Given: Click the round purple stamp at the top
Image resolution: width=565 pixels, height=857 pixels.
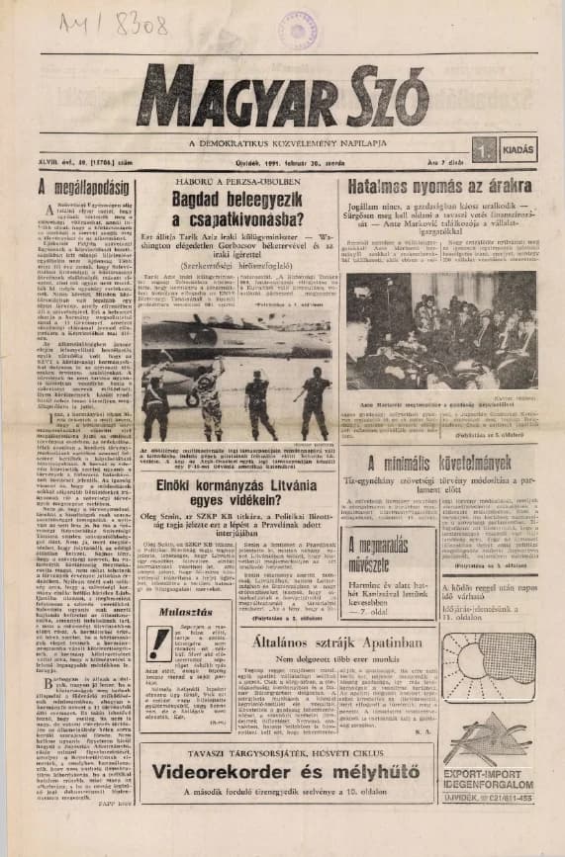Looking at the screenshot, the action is [x=297, y=30].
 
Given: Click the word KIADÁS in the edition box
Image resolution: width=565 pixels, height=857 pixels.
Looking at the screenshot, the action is [x=517, y=150].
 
